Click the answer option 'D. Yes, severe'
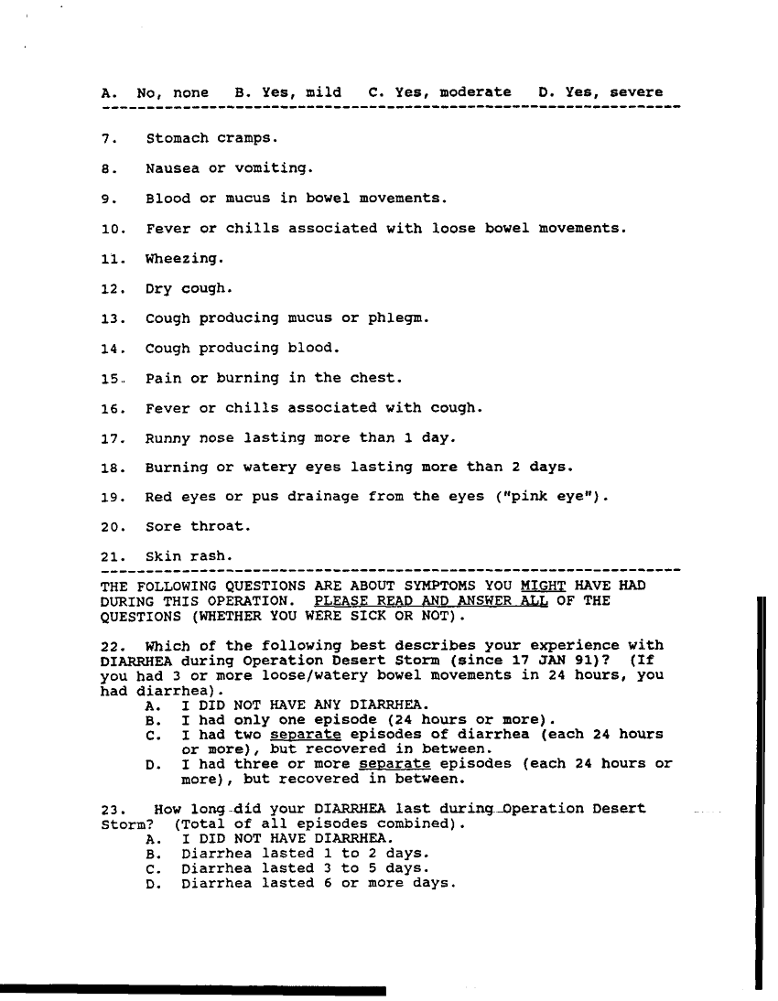click(600, 92)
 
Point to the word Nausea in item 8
click(167, 168)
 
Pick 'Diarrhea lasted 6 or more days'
click(318, 883)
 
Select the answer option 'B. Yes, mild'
click(287, 92)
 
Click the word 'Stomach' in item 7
click(177, 139)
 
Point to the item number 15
click(111, 378)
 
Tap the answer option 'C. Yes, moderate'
click(439, 92)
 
